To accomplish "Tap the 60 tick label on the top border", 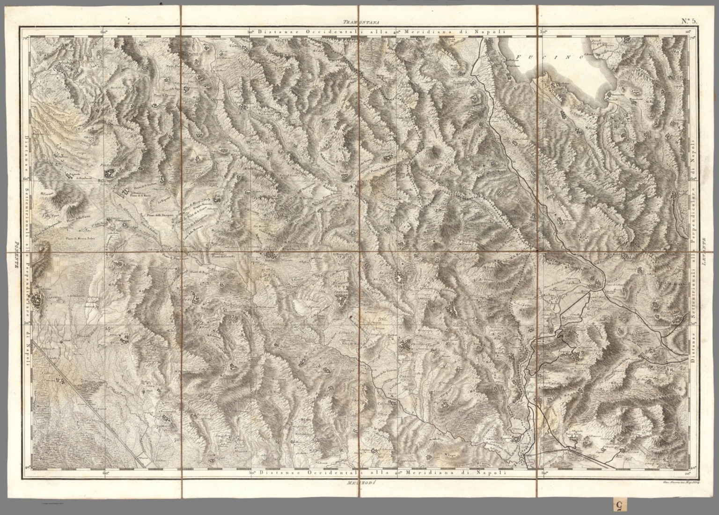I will tap(103, 32).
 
